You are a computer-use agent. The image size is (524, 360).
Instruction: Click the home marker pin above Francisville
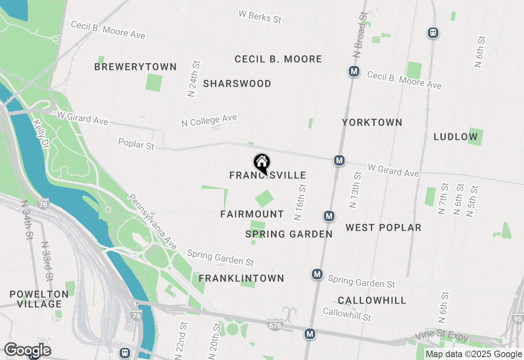[x=262, y=163]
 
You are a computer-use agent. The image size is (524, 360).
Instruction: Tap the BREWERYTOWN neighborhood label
[x=136, y=67]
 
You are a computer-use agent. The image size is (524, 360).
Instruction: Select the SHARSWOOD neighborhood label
[x=237, y=84]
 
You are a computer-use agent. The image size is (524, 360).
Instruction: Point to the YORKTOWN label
[x=372, y=122]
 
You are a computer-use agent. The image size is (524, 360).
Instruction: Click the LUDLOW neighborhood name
[x=456, y=137]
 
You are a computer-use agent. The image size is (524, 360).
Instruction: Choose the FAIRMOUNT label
[x=252, y=214]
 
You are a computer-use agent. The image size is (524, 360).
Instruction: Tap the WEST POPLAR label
[x=383, y=227]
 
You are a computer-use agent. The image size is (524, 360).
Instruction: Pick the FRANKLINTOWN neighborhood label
[x=242, y=278]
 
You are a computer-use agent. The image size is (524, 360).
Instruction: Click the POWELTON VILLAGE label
[x=39, y=299]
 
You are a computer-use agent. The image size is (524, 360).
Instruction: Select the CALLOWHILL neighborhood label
[x=372, y=300]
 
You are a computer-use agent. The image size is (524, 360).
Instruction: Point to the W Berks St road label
[x=260, y=16]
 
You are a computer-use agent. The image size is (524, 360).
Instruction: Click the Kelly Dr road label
[x=41, y=134]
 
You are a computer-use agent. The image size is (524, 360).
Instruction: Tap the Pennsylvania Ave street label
[x=152, y=221]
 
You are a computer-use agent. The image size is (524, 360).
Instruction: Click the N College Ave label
[x=209, y=120]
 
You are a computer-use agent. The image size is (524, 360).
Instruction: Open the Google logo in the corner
[x=27, y=350]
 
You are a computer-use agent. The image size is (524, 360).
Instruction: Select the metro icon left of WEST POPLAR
[x=329, y=216]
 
